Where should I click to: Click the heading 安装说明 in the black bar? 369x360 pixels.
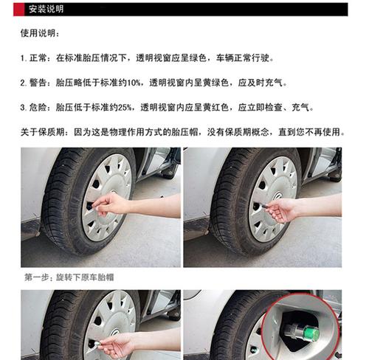[46, 10]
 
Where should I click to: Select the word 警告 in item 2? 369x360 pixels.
[38, 83]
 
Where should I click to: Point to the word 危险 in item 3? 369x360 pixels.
[38, 107]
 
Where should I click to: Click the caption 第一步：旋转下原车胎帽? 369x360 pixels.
[69, 277]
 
